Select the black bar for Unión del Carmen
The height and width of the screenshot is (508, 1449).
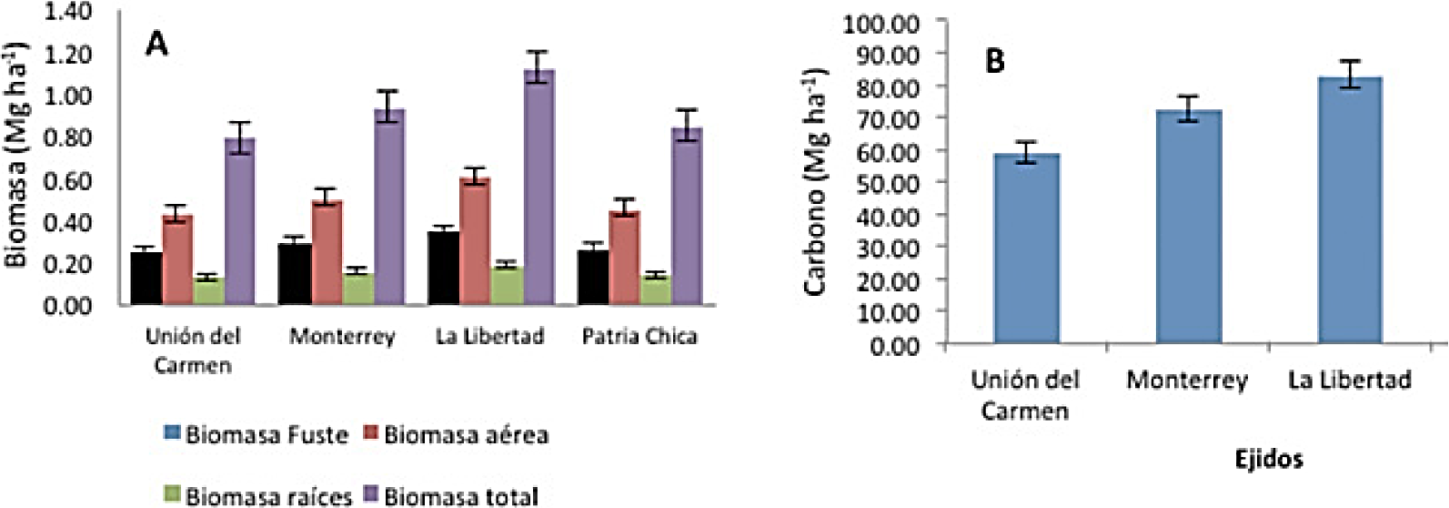(x=146, y=278)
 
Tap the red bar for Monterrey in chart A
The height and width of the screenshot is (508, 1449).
(x=327, y=252)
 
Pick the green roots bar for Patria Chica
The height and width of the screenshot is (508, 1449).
(x=655, y=290)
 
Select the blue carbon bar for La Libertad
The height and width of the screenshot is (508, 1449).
(x=1349, y=209)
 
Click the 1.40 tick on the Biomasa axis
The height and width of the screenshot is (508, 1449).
(x=67, y=12)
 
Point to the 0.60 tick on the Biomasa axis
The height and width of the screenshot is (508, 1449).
(x=67, y=180)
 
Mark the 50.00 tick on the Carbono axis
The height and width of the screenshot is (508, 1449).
(x=887, y=183)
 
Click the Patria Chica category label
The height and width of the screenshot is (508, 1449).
(x=639, y=337)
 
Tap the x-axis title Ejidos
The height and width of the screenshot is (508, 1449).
(x=1268, y=458)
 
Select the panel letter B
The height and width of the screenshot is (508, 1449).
(x=995, y=62)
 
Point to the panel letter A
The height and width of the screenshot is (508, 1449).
(x=156, y=44)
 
